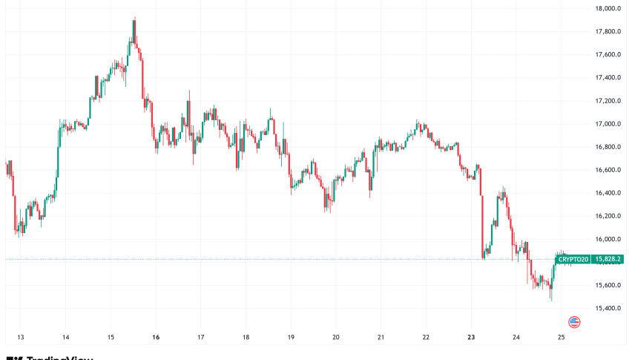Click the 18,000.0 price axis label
pos(607,9)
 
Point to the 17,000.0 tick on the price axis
pos(607,124)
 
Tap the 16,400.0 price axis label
pos(607,193)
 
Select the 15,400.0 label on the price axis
pos(607,308)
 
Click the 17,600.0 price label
pos(607,55)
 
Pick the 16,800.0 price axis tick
pos(607,147)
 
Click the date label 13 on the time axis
pos(20,336)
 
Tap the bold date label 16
pos(156,336)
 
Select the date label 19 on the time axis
pos(291,336)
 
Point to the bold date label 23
pos(472,336)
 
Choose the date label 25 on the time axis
pos(562,336)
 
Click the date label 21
pos(381,336)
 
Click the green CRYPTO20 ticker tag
pos(573,259)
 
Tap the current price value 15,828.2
pos(608,259)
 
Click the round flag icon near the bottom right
pos(574,322)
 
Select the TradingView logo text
pos(59,357)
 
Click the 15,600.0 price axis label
pos(607,285)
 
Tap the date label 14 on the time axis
pos(65,336)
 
